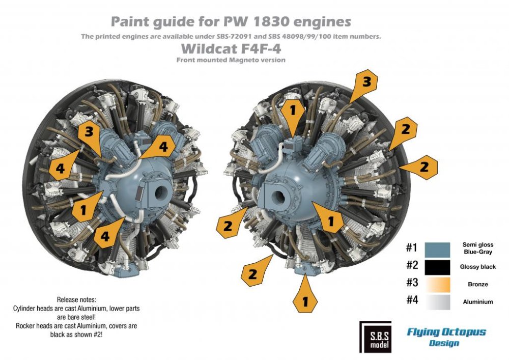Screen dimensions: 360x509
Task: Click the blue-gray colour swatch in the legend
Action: (436, 249)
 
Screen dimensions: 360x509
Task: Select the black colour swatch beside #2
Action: (436, 267)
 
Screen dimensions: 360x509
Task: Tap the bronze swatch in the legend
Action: (436, 284)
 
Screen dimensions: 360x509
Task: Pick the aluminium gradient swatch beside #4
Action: (436, 301)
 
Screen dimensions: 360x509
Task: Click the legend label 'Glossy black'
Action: (477, 267)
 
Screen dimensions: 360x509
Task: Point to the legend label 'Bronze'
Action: (477, 284)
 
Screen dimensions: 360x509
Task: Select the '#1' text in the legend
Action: (412, 248)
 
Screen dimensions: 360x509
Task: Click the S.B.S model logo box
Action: (375, 337)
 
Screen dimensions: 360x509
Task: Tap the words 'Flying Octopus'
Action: (446, 332)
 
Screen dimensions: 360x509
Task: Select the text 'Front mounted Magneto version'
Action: (231, 60)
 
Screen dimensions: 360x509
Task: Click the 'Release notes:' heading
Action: (76, 299)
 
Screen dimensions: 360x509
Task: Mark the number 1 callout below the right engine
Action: (305, 300)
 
